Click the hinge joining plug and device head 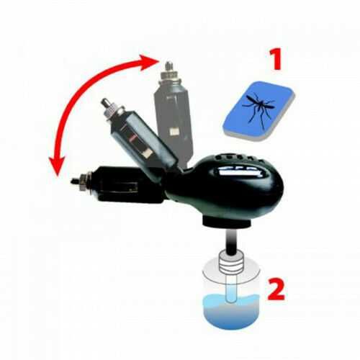pyautogui.click(x=174, y=186)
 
